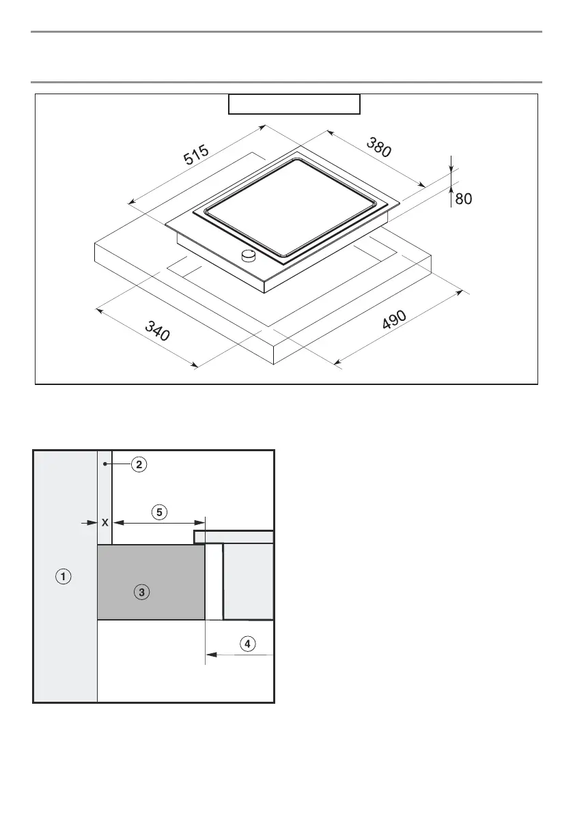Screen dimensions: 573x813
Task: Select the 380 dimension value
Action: (x=379, y=147)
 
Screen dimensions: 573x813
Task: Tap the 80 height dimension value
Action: (x=463, y=199)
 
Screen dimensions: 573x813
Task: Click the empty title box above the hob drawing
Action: (x=294, y=104)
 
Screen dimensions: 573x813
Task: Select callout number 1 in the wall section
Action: (x=63, y=577)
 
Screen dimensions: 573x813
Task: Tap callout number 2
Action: (x=138, y=464)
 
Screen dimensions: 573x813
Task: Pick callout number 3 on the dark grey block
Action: (x=141, y=593)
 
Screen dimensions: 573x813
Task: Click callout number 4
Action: (x=248, y=642)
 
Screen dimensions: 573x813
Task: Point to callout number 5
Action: (x=158, y=511)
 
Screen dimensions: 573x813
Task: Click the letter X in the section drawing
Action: (x=104, y=523)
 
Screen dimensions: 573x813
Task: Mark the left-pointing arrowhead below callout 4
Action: (x=210, y=654)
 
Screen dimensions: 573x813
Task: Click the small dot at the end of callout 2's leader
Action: (x=104, y=464)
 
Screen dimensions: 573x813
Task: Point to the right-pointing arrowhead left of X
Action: (x=93, y=523)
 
